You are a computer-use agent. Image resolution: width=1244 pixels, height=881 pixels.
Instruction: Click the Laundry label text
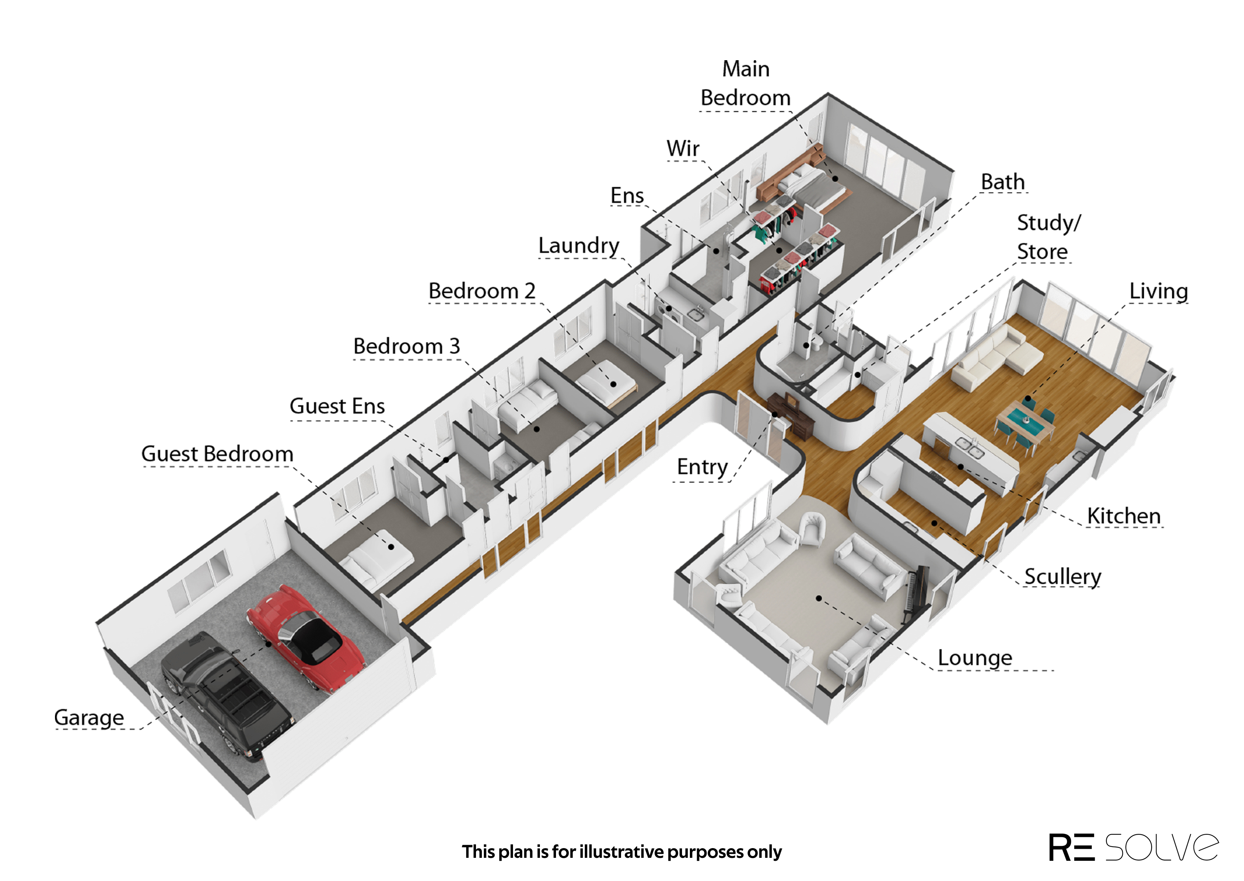pyautogui.click(x=578, y=246)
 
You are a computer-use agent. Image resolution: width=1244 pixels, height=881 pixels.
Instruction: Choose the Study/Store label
pyautogui.click(x=1048, y=237)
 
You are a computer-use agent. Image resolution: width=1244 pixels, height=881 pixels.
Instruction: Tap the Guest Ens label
pyautogui.click(x=337, y=406)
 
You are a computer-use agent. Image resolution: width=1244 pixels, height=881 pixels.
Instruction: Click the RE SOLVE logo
pyautogui.click(x=1133, y=847)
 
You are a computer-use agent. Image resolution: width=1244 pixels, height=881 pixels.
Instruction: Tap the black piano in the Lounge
pyautogui.click(x=916, y=595)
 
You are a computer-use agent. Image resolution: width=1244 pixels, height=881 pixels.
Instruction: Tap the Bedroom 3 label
pyautogui.click(x=406, y=346)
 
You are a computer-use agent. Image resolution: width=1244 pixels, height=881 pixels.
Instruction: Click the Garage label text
pyautogui.click(x=89, y=718)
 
